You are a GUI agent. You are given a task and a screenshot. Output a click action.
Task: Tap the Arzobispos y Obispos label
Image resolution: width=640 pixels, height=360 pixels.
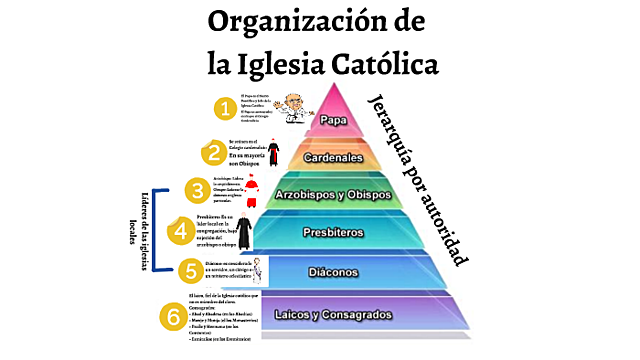coord(332,194)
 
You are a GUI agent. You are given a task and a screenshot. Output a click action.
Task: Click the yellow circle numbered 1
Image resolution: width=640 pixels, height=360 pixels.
coord(228,107)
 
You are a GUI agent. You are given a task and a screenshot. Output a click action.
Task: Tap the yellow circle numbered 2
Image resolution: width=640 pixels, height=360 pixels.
coord(213,153)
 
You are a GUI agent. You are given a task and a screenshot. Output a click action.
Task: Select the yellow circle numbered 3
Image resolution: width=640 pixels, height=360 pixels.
coord(198,189)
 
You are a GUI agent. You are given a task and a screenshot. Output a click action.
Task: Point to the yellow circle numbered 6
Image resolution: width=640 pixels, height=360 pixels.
coord(172,317)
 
